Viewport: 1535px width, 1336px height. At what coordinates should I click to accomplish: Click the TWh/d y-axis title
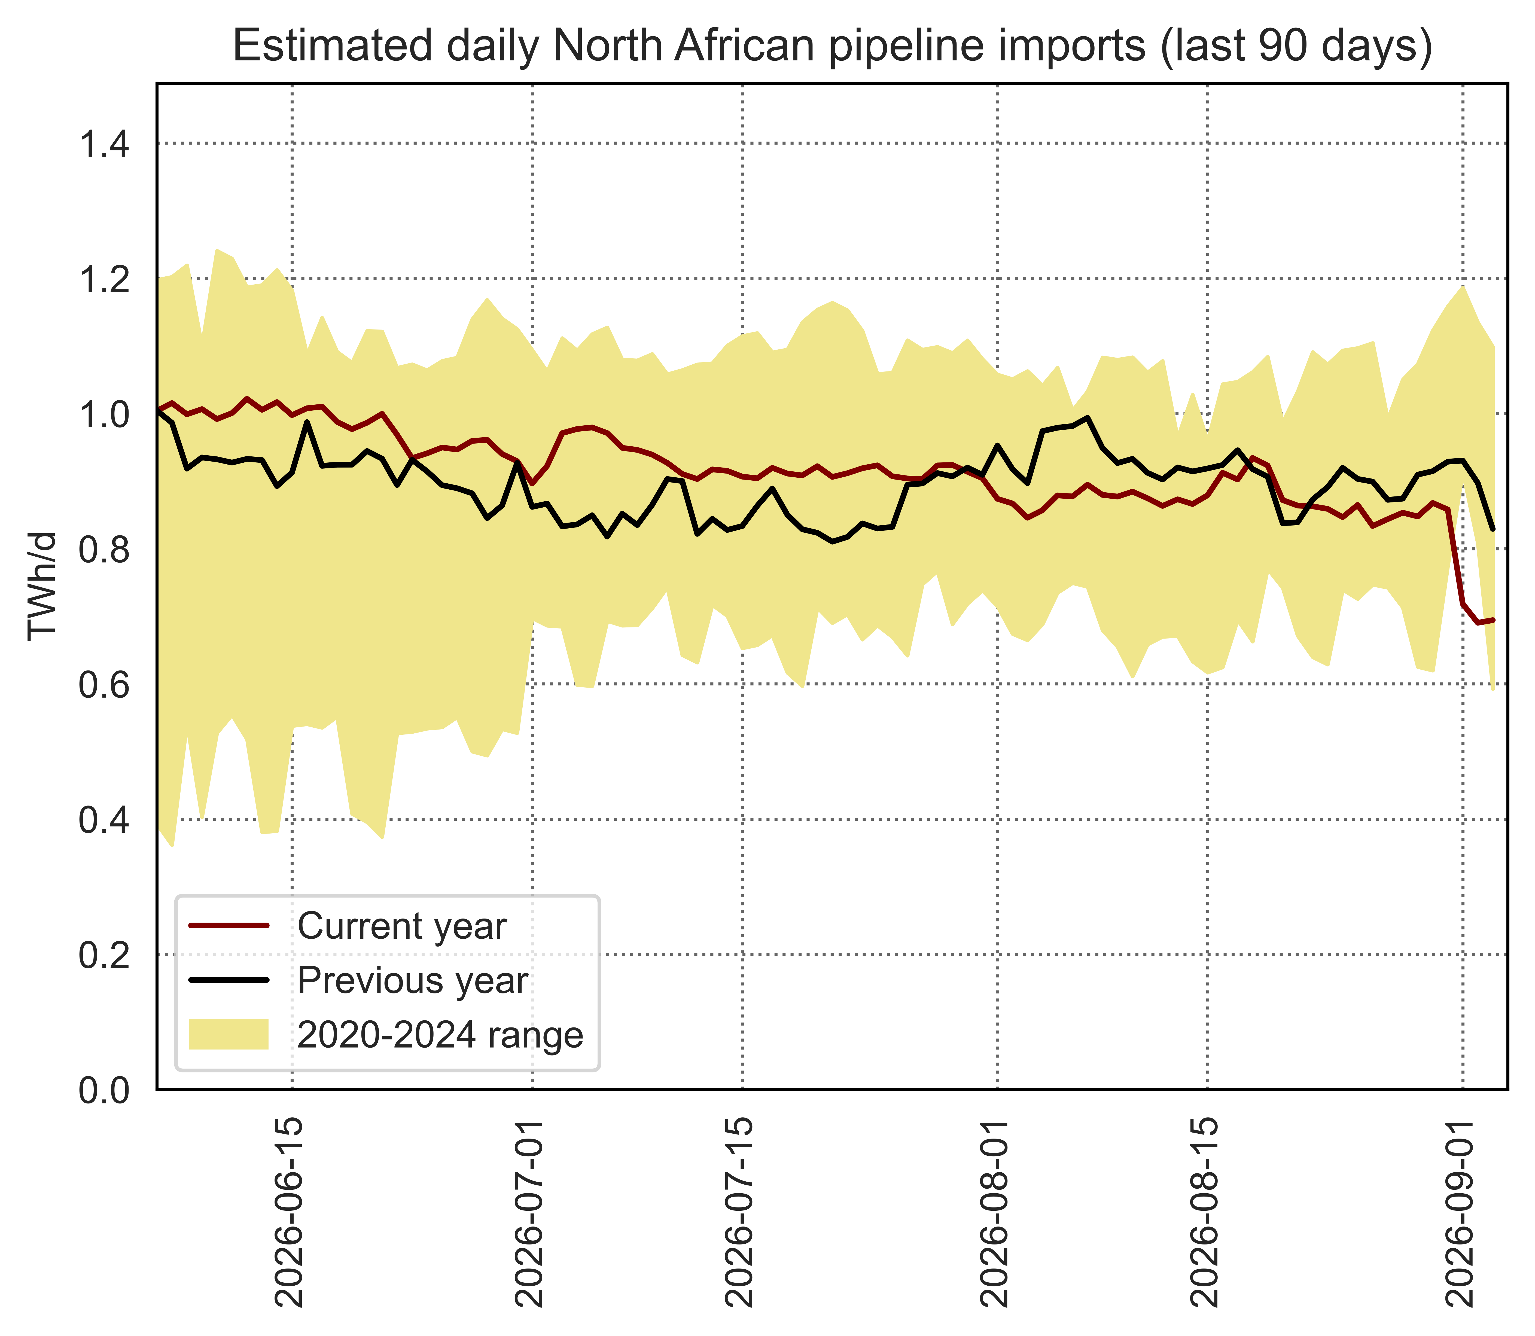[x=42, y=586]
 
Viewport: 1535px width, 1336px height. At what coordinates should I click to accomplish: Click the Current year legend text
[x=402, y=927]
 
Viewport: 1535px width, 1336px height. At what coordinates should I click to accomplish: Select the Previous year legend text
[x=413, y=980]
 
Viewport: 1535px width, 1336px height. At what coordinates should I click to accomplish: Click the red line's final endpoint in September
[x=1493, y=620]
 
